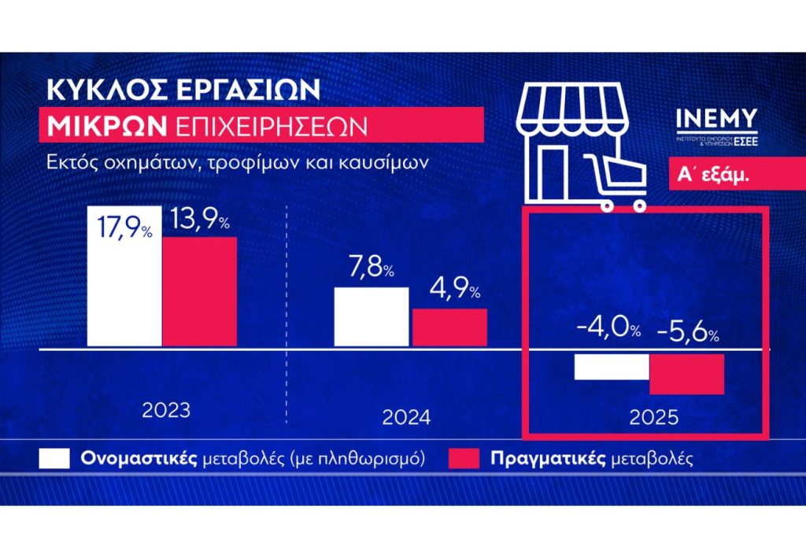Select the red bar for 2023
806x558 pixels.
199,291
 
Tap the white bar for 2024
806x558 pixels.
372,316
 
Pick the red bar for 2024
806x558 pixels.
449,327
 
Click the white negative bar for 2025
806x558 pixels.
612,368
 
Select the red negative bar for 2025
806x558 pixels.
686,374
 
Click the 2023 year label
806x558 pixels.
166,411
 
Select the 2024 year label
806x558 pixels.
406,417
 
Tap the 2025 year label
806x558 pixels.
653,417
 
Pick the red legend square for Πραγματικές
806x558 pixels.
464,459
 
